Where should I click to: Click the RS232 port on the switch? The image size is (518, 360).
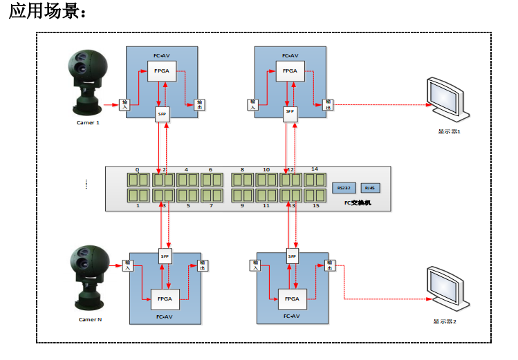(342, 188)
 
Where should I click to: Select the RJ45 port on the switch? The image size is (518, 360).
(370, 188)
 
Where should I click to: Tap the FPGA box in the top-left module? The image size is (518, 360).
(161, 70)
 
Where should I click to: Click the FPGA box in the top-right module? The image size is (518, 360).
(290, 70)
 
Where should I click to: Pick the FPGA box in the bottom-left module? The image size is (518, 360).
(165, 299)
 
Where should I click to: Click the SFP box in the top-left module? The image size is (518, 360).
(163, 114)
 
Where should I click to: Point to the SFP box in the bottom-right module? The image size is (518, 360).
(291, 257)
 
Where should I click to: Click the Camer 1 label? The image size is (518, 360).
(89, 122)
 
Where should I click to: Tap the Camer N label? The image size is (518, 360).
(90, 319)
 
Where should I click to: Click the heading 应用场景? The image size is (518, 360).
(48, 13)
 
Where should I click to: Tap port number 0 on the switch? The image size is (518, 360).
(138, 169)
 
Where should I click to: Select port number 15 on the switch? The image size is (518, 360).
(315, 205)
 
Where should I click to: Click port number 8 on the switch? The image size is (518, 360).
(242, 169)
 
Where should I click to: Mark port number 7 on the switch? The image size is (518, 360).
(212, 205)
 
